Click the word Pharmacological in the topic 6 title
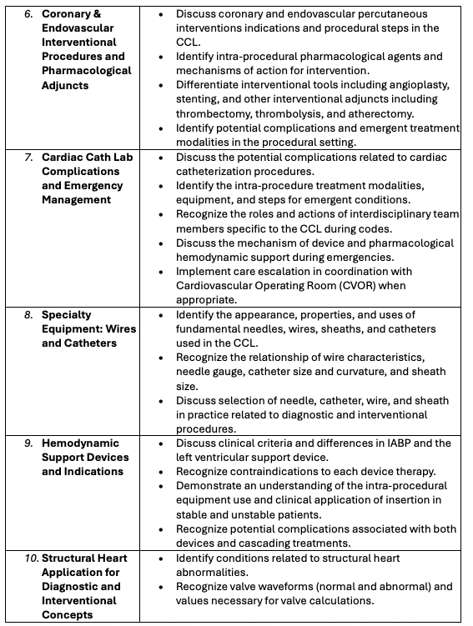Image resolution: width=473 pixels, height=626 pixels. pyautogui.click(x=87, y=71)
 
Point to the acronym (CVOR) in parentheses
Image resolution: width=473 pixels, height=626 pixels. pyautogui.click(x=353, y=285)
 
